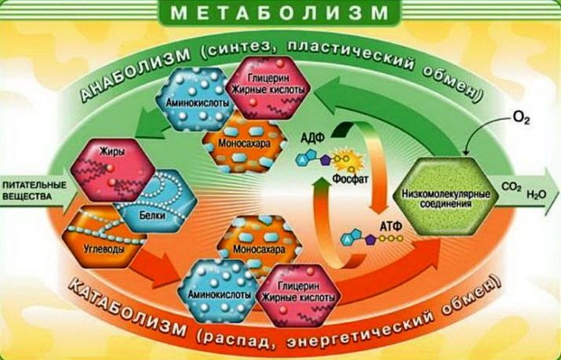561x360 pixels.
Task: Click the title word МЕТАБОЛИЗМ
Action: pyautogui.click(x=279, y=13)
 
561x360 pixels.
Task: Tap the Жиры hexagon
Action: pyautogui.click(x=113, y=170)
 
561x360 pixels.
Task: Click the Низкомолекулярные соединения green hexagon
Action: pyautogui.click(x=446, y=197)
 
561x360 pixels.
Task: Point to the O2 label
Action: pyautogui.click(x=521, y=118)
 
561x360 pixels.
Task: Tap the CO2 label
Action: pyautogui.click(x=512, y=187)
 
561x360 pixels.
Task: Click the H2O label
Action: pyautogui.click(x=537, y=195)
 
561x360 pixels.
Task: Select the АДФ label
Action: pyautogui.click(x=312, y=137)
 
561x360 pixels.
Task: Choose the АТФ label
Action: pyautogui.click(x=391, y=226)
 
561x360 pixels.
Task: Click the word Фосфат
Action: pyautogui.click(x=350, y=178)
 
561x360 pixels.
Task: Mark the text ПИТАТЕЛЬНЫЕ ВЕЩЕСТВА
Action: pyautogui.click(x=35, y=191)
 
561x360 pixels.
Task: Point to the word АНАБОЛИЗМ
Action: pyautogui.click(x=135, y=75)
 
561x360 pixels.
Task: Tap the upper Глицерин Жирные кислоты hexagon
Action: pyautogui.click(x=268, y=88)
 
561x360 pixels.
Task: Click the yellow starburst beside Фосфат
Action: pyautogui.click(x=349, y=162)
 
